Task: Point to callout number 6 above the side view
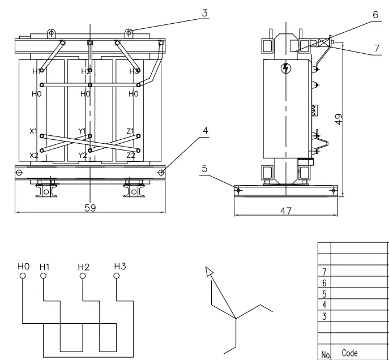point(375,16)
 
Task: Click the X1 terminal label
point(33,131)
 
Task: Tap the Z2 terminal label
point(131,155)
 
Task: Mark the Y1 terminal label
point(83,131)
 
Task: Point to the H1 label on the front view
point(36,71)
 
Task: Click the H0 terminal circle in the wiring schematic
point(23,277)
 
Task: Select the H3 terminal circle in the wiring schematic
point(117,277)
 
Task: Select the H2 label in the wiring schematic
point(83,265)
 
